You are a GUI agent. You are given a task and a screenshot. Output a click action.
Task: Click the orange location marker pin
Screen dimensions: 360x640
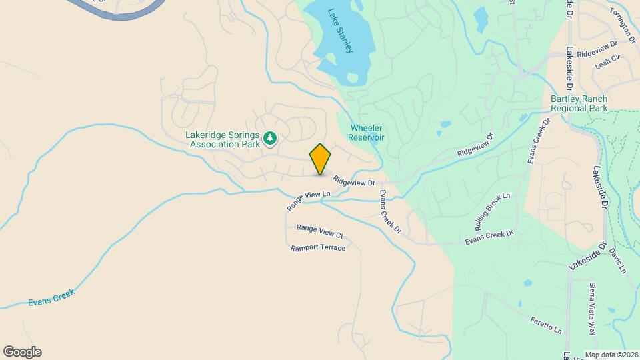click(x=320, y=159)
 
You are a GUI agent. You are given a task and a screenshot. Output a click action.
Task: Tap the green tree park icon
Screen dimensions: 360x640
click(x=269, y=139)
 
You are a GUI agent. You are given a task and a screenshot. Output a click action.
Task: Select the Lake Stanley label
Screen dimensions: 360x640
click(x=340, y=31)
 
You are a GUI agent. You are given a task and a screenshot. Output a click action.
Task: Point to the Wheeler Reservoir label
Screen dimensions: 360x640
click(x=366, y=133)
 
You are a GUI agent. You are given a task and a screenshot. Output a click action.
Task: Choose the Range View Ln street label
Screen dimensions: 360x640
click(x=309, y=201)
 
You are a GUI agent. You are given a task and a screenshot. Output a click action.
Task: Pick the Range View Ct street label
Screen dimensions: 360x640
click(x=319, y=231)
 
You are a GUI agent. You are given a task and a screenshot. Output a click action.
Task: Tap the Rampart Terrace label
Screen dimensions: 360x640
click(x=318, y=247)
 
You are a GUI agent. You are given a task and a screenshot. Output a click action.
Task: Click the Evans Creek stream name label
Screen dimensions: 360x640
click(x=51, y=297)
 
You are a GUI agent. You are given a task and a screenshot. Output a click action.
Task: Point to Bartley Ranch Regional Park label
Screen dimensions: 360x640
click(x=579, y=103)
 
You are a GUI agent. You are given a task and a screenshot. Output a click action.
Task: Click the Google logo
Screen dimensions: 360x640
click(x=22, y=352)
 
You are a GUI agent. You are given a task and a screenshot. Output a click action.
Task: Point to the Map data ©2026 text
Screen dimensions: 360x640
click(x=611, y=355)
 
